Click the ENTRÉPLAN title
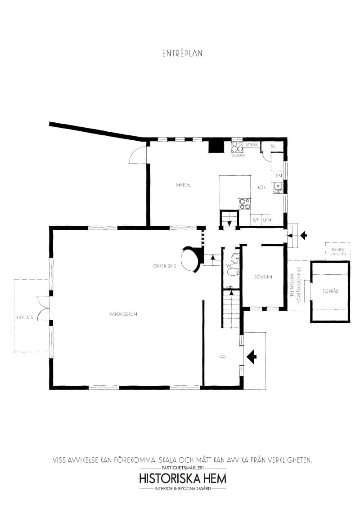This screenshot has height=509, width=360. [182, 53]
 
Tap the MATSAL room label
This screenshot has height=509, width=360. [184, 185]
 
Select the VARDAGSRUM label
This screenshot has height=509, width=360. [123, 314]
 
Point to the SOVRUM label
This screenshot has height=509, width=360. [263, 277]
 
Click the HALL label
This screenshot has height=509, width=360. [223, 357]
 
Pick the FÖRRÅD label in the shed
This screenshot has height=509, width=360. [330, 291]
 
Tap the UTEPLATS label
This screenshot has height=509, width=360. [24, 317]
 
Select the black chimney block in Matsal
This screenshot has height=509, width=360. [216, 147]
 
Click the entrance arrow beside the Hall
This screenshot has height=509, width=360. [252, 357]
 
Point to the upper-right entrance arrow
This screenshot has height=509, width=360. [303, 235]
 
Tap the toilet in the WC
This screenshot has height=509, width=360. [232, 272]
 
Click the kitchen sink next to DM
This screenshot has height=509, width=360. [278, 188]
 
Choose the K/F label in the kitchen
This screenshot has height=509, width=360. [256, 220]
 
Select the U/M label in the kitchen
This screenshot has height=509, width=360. [267, 220]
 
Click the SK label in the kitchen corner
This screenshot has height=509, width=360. [273, 147]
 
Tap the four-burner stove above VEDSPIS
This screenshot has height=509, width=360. [237, 147]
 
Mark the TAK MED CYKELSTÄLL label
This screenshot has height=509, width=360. [338, 252]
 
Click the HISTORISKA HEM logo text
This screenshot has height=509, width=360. [183, 478]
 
